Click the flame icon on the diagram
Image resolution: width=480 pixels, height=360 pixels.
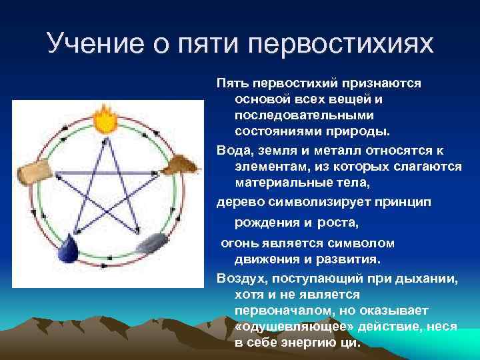click(x=105, y=121)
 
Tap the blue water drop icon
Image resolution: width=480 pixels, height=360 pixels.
click(x=69, y=252)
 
